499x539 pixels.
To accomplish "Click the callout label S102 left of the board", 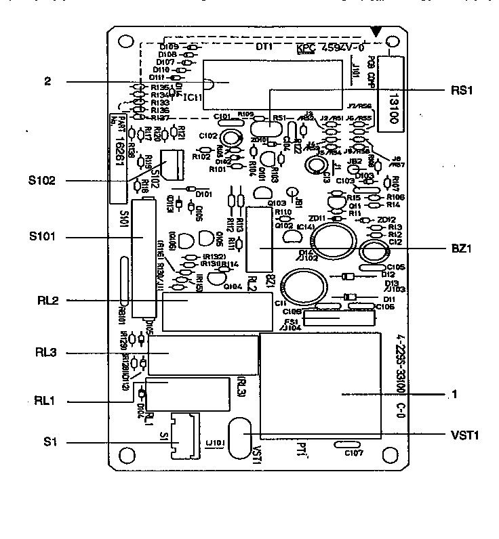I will tap(42, 181).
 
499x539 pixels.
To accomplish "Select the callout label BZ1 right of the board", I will tap(461, 249).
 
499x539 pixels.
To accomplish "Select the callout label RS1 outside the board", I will tap(461, 90).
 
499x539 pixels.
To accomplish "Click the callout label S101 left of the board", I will tap(42, 237).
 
